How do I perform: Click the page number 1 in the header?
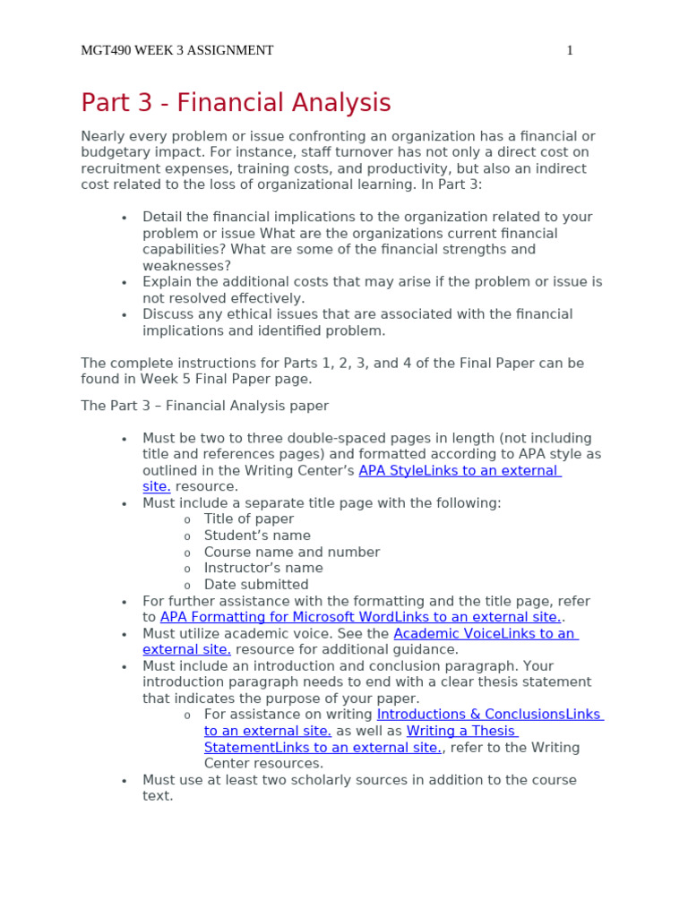click(x=570, y=50)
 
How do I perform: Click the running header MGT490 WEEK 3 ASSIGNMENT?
click(x=176, y=50)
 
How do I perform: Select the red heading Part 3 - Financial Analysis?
click(x=236, y=103)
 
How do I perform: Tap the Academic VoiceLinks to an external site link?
click(x=483, y=633)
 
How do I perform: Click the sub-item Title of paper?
click(x=248, y=519)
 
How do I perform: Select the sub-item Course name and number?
click(x=291, y=552)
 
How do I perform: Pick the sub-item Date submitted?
click(x=256, y=584)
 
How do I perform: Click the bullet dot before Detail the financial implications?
click(x=125, y=218)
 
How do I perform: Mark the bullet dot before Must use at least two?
click(x=125, y=781)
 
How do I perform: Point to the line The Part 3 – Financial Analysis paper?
click(x=204, y=406)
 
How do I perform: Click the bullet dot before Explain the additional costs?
click(x=125, y=282)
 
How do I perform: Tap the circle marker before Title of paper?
click(x=187, y=520)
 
